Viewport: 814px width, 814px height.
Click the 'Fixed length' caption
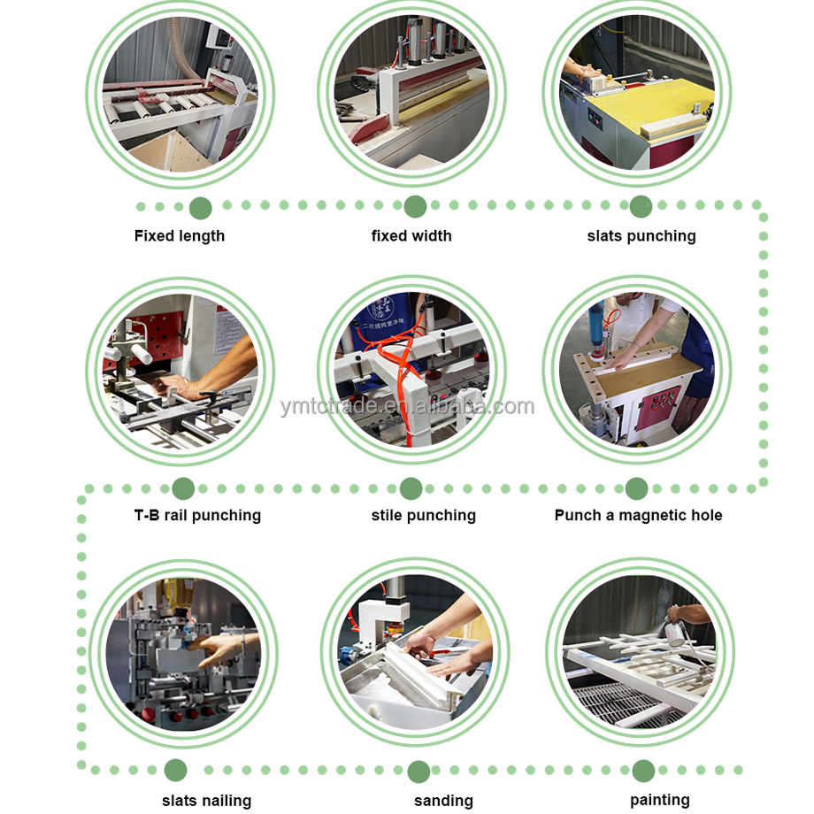pyautogui.click(x=180, y=236)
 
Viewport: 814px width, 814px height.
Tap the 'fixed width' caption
pyautogui.click(x=411, y=235)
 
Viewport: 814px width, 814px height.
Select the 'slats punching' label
pyautogui.click(x=641, y=236)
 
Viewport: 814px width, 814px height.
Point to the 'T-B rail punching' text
pyautogui.click(x=197, y=516)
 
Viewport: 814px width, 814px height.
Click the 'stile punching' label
pyautogui.click(x=423, y=516)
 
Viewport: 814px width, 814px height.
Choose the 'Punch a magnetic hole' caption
pyautogui.click(x=638, y=515)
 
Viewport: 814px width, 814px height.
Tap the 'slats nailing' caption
pyautogui.click(x=207, y=801)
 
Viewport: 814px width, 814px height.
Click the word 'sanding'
pyautogui.click(x=443, y=801)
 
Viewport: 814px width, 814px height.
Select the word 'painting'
pyautogui.click(x=660, y=800)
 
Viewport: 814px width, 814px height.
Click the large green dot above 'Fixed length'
pyautogui.click(x=200, y=208)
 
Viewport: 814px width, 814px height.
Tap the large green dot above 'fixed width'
pyautogui.click(x=415, y=207)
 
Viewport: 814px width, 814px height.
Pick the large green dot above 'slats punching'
pyautogui.click(x=641, y=207)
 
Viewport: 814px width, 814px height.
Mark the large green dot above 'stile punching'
pyautogui.click(x=411, y=488)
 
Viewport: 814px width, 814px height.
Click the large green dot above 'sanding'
pyautogui.click(x=419, y=772)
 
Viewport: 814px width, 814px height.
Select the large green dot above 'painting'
pyautogui.click(x=644, y=771)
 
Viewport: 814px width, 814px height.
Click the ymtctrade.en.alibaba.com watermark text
pyautogui.click(x=407, y=406)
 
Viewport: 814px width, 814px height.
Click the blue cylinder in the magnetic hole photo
pyautogui.click(x=596, y=319)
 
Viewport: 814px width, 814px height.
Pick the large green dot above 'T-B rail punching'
pyautogui.click(x=183, y=488)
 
